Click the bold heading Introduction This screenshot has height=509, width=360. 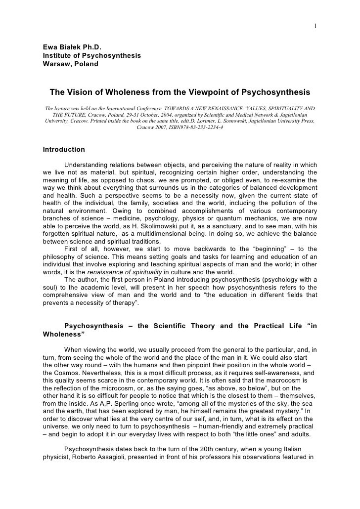tap(64, 149)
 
